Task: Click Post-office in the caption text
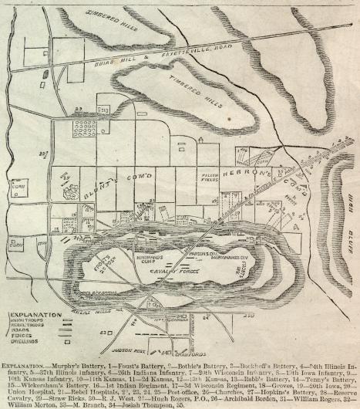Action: click(157, 387)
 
